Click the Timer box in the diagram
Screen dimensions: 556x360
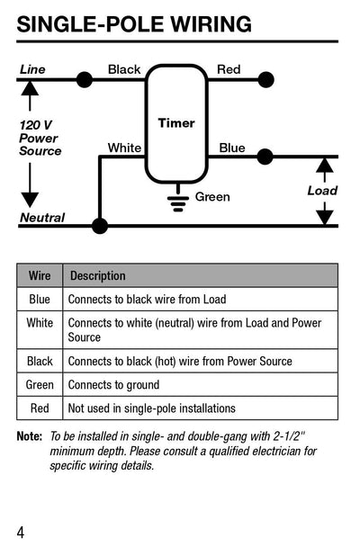point(176,123)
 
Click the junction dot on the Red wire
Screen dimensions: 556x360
point(265,80)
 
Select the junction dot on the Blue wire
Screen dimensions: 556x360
point(265,157)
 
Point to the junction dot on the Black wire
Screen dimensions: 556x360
point(85,80)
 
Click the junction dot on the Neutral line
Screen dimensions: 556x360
point(100,225)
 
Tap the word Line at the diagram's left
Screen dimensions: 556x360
point(32,69)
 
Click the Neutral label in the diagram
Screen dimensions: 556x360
point(42,218)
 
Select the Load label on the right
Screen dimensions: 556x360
point(322,191)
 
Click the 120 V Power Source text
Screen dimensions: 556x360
point(40,138)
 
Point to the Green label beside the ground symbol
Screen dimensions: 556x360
point(212,197)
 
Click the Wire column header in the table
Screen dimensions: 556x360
point(40,275)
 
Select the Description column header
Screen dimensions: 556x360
point(98,275)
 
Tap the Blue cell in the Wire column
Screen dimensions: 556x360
point(40,299)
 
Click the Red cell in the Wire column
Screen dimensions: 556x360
point(40,408)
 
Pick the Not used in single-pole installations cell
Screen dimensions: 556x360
point(151,408)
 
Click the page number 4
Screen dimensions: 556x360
point(21,532)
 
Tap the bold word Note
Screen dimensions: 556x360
point(29,436)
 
